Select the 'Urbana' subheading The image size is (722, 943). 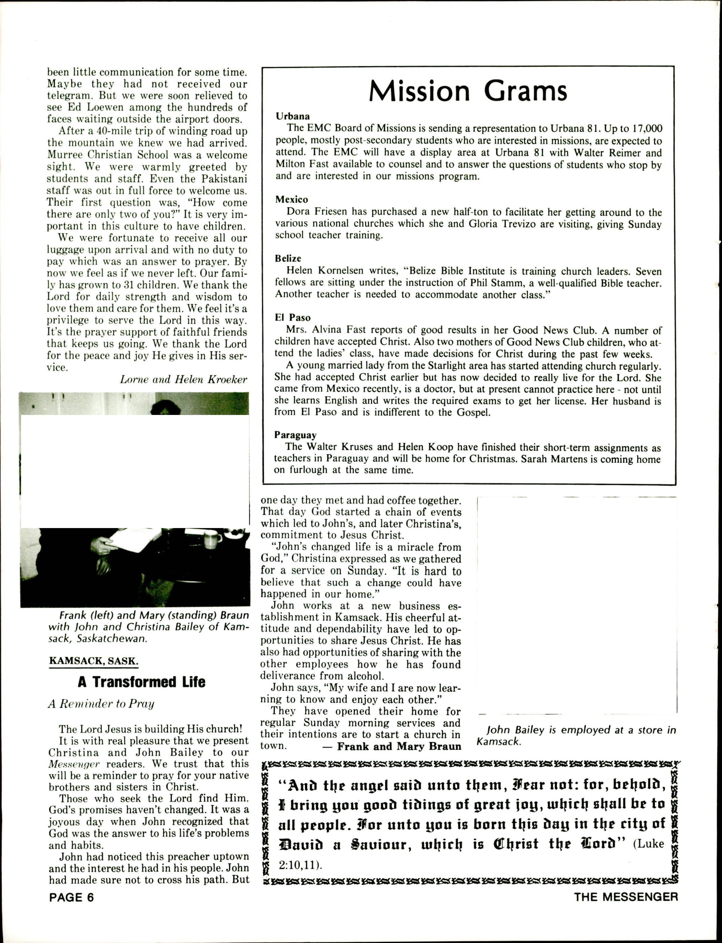pos(292,116)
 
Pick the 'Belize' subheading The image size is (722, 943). pos(288,259)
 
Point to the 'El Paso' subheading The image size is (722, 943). pos(292,317)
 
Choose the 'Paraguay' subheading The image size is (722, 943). pos(295,435)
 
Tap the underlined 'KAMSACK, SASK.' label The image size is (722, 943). pos(93,660)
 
